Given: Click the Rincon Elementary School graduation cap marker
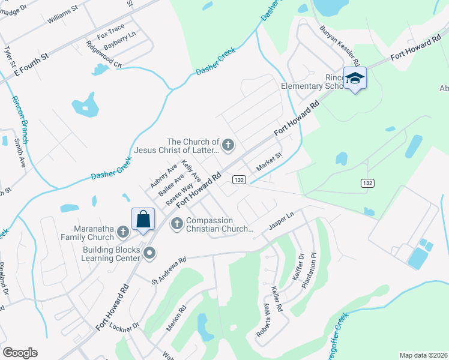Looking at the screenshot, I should click(355, 79).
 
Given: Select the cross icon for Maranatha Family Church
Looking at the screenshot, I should click(122, 231).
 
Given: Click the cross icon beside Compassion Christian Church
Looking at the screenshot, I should click(177, 224).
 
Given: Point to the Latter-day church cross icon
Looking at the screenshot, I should click(228, 144).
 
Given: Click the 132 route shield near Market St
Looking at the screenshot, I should click(239, 179).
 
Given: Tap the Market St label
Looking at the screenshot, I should click(269, 161).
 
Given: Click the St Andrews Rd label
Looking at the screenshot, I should click(169, 272).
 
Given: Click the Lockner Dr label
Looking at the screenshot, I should click(127, 326).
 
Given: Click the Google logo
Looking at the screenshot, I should click(20, 353).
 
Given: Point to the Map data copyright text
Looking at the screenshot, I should click(423, 355).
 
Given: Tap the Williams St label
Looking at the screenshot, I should click(64, 16).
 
